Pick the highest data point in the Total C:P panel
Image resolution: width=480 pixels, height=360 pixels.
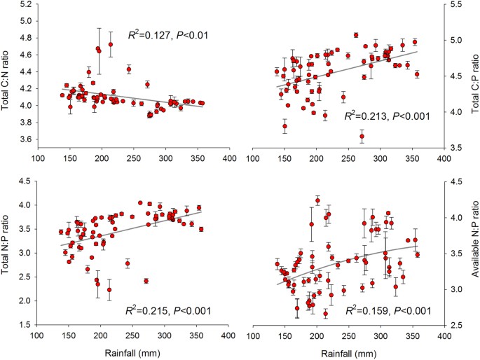coord(356,35)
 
